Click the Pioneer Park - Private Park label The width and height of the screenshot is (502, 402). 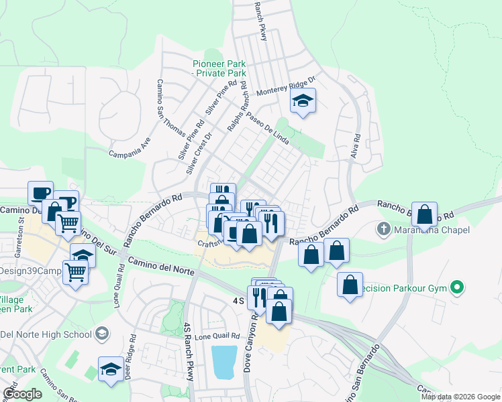(219, 68)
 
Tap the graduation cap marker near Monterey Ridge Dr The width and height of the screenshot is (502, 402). (303, 102)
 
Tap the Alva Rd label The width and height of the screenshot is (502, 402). (356, 147)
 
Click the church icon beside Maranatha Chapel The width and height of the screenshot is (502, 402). (383, 228)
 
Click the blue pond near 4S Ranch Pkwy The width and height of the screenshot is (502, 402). (224, 362)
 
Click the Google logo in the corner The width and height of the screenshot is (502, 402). (22, 394)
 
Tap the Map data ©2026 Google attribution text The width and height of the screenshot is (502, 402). (460, 397)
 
